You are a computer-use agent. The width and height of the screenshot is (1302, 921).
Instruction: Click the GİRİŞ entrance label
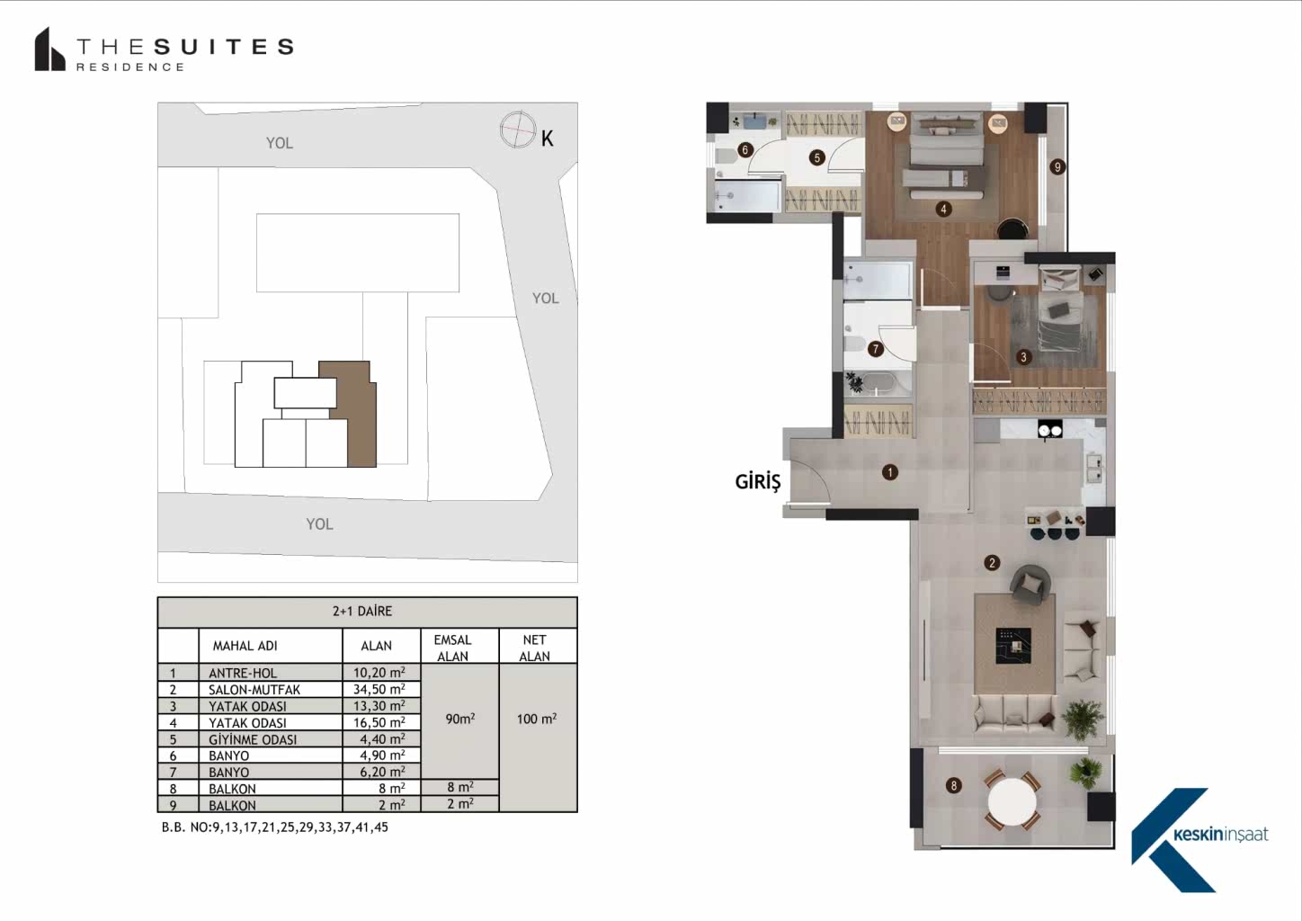pos(758,482)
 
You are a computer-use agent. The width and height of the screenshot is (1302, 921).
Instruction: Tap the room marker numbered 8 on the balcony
pos(953,785)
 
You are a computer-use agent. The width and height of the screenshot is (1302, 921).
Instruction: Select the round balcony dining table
pos(1012,801)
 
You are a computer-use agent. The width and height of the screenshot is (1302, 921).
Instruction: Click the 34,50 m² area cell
pos(379,690)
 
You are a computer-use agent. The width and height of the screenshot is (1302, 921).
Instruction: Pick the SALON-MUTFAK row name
pos(254,690)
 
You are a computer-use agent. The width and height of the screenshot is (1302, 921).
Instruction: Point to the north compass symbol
pos(518,130)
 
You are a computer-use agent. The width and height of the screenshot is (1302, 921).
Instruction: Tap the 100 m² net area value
pos(537,719)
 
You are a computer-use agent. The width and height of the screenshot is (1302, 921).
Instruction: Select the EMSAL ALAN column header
pos(453,648)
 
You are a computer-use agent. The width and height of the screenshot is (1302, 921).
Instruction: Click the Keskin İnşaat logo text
pos(1221,835)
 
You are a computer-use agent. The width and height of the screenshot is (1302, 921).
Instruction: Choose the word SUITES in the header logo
pos(225,47)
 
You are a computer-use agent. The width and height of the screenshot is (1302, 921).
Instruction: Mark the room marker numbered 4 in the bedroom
pos(943,209)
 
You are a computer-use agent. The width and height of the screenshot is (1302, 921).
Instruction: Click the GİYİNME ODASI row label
pos(253,739)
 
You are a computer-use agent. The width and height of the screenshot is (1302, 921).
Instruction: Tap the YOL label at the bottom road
pos(320,523)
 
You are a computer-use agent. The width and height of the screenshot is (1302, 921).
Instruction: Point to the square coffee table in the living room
pos(1013,645)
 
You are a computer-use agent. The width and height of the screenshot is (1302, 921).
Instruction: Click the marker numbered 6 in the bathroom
pos(745,150)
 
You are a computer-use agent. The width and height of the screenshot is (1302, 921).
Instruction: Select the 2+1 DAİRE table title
pos(362,611)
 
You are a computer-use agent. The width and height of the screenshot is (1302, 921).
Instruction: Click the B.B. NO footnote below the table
pos(274,827)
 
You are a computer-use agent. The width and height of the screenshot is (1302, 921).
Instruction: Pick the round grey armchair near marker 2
pos(1030,583)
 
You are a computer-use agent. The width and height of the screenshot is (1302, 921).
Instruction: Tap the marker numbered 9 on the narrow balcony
pos(1057,167)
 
